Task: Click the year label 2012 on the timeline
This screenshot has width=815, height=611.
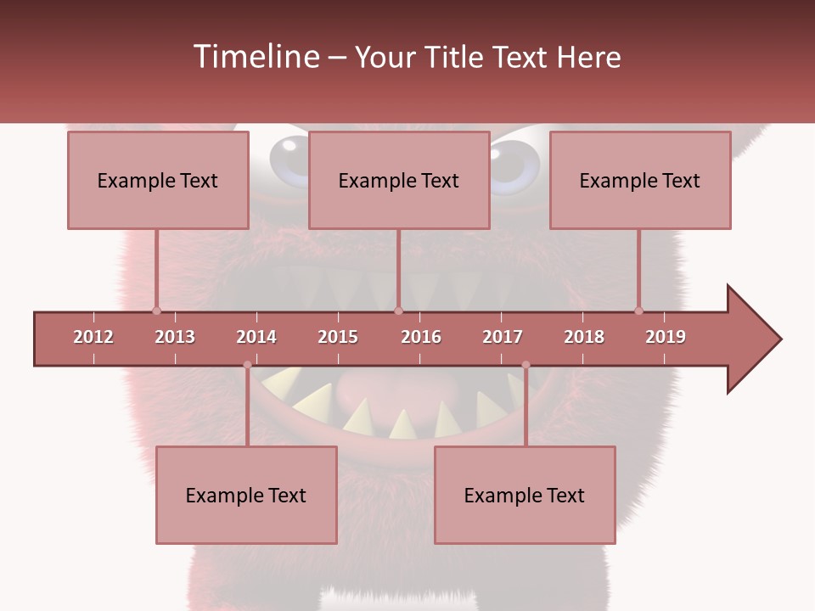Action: [93, 337]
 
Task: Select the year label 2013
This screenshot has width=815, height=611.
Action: [175, 337]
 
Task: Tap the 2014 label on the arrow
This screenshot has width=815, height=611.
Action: [256, 337]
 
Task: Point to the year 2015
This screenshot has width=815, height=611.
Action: [338, 337]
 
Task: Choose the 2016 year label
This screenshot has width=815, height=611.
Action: [421, 337]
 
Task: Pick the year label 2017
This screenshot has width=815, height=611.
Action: [503, 337]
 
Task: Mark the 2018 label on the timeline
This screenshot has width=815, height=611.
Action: [584, 337]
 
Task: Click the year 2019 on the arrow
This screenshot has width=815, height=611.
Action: [666, 337]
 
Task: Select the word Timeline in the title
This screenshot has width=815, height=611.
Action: [255, 57]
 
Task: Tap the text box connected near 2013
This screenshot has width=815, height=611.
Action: [158, 180]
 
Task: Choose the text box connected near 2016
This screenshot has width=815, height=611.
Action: [399, 180]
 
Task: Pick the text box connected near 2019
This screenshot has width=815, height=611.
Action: [640, 180]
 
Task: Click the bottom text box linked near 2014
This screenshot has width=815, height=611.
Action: [246, 495]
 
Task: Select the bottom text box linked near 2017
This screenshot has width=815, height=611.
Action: [525, 495]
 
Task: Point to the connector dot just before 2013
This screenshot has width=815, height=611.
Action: [156, 311]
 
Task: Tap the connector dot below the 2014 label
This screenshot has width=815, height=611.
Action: [247, 365]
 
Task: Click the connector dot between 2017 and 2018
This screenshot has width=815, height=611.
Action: [526, 365]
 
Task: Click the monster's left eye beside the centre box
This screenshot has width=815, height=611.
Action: [289, 154]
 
